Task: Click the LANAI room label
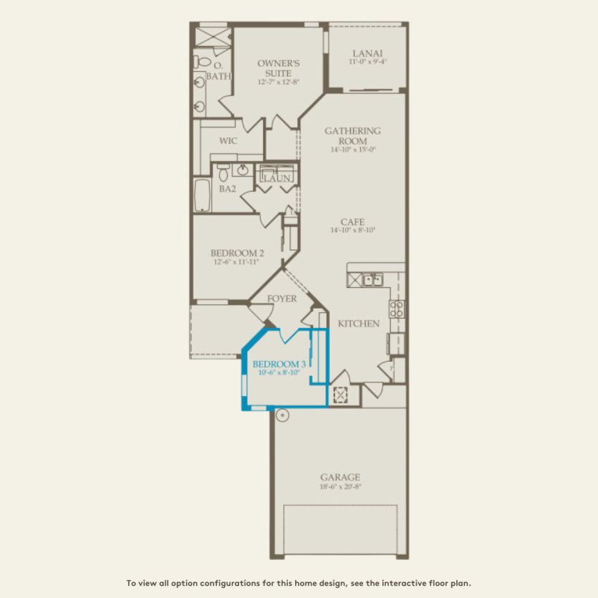point(367,53)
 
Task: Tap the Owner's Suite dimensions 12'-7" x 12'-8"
point(278,82)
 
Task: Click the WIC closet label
point(228,141)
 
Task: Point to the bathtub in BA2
point(203,196)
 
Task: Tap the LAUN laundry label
point(278,178)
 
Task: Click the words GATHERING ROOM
point(352,136)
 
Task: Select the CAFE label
point(352,222)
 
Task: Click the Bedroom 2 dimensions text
point(235,263)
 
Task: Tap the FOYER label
point(281,299)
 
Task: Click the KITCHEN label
point(359,324)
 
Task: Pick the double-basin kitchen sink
point(372,280)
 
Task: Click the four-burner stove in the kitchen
point(396,309)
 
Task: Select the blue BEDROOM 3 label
point(279,365)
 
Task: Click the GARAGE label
point(340,477)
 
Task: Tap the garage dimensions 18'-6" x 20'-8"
point(340,487)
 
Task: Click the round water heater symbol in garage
point(281,414)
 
